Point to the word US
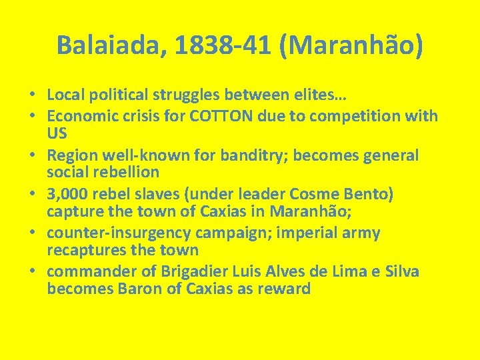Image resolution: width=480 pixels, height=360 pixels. (57, 133)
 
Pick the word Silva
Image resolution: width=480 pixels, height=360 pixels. (399, 271)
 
